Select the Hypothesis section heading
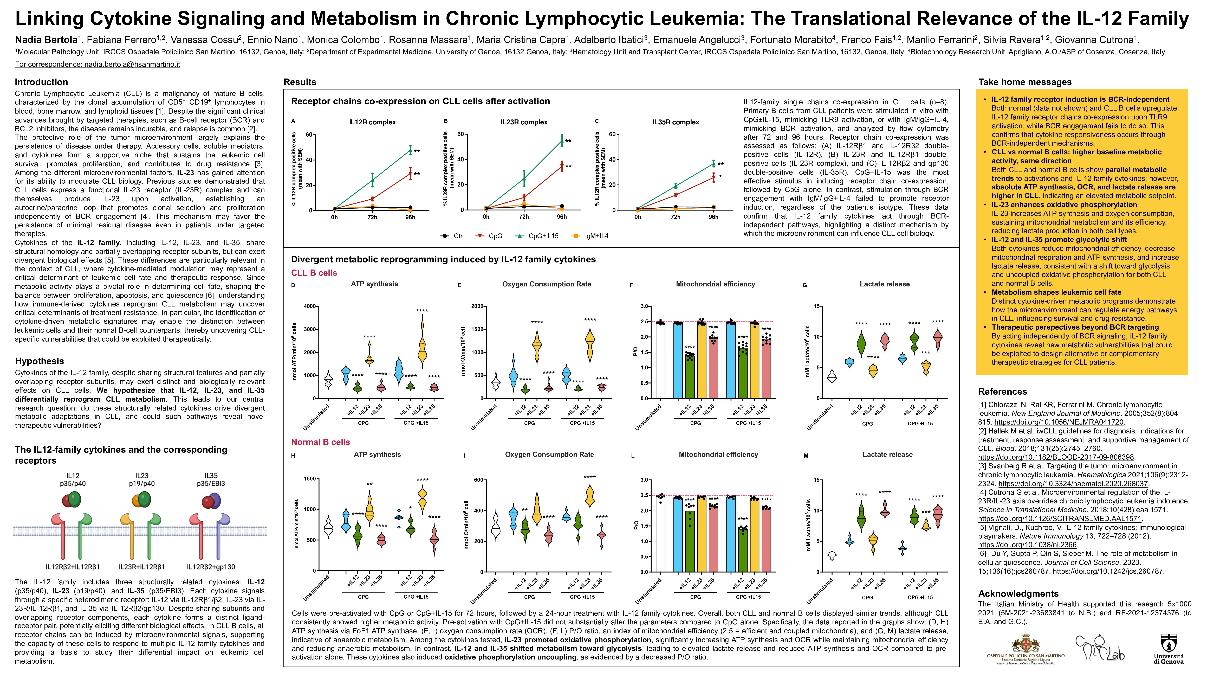39,361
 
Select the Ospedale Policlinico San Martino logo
1025,649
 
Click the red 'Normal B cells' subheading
321,442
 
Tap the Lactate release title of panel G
885,284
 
